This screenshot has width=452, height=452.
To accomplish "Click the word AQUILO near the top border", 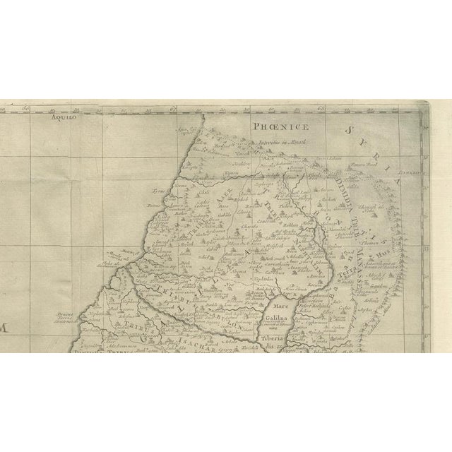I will pos(63,119).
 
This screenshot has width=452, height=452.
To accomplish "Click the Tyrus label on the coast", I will pos(158,190).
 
